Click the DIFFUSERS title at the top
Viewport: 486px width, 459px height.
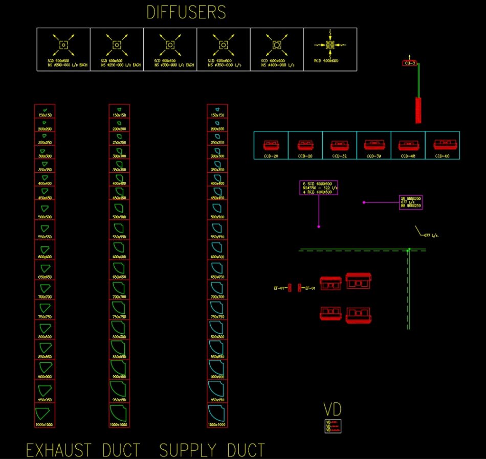pos(186,12)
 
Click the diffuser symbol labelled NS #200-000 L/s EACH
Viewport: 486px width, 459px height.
pos(63,45)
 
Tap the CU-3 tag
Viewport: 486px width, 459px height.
pos(409,63)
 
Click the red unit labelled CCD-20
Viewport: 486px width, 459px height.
pos(271,145)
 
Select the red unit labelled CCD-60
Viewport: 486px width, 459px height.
pos(443,145)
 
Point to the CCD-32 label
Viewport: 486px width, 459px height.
pos(339,156)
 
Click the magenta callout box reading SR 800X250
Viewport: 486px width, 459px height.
pos(411,202)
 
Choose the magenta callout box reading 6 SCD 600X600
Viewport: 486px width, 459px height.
pos(319,188)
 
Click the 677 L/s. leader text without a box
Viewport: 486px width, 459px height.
pos(431,236)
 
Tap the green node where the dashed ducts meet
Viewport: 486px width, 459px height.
pos(408,250)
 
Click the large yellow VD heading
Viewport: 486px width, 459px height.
pos(332,409)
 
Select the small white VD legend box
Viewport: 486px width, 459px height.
pos(333,426)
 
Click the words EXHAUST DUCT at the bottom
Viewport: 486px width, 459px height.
pos(83,450)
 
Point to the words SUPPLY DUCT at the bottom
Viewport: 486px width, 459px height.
pos(212,450)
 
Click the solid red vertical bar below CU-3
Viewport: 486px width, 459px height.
pos(418,110)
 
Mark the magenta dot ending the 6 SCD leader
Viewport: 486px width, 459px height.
pos(319,226)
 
